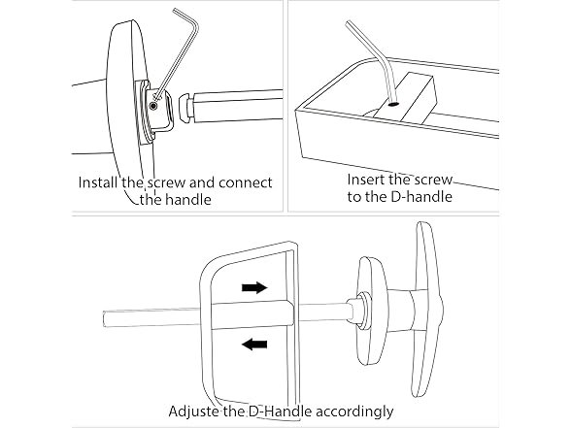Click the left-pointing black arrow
tap(254, 343)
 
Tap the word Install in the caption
tap(100, 182)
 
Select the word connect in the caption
tap(243, 182)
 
